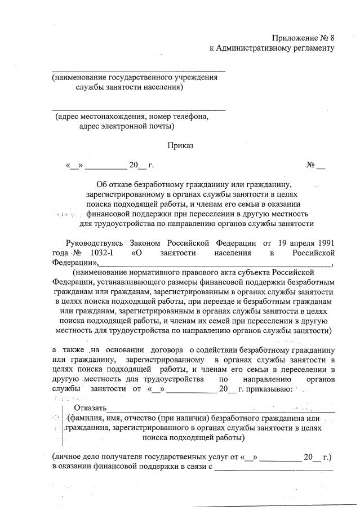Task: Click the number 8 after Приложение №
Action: point(331,38)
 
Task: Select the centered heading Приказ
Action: point(180,145)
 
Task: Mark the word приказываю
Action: point(268,388)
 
